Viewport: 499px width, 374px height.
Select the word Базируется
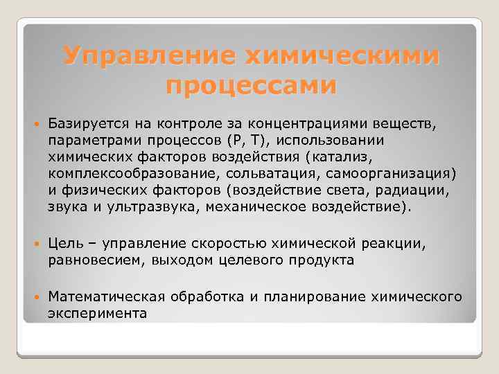tap(83, 123)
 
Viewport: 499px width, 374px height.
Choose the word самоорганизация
tap(375, 173)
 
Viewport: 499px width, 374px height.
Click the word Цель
tap(65, 244)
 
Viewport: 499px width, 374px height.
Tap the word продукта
tap(321, 260)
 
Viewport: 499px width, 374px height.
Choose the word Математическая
tap(105, 296)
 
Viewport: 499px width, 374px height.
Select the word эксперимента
tap(97, 313)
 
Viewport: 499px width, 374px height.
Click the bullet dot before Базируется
tap(35, 124)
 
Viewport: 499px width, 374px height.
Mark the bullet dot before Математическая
tap(35, 297)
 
